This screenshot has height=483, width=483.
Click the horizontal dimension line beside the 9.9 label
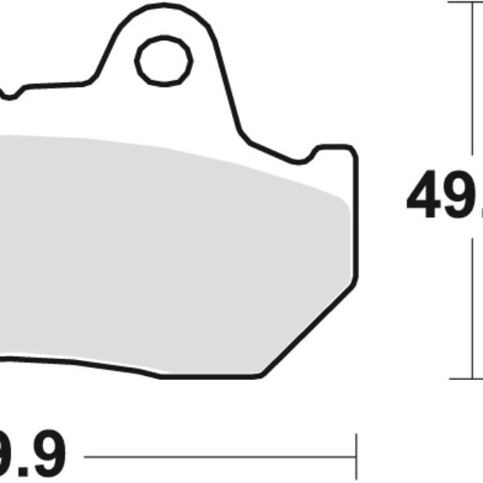[x=217, y=457]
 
